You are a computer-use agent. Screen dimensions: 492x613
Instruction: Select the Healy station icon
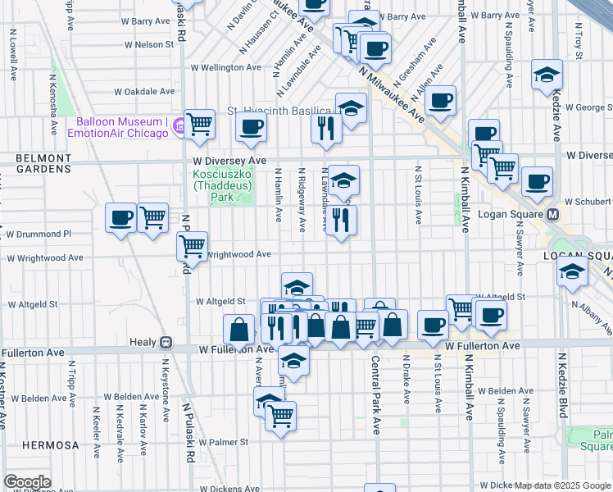(166, 342)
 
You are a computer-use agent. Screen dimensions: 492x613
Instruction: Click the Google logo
(27, 482)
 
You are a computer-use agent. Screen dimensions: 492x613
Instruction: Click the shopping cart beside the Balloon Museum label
(199, 125)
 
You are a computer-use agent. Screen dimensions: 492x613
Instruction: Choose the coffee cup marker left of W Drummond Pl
(120, 218)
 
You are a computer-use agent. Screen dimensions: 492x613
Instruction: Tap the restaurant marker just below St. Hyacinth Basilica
(326, 128)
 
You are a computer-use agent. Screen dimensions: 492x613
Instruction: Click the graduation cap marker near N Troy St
(547, 75)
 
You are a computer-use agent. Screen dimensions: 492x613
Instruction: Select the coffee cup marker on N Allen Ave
(440, 101)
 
